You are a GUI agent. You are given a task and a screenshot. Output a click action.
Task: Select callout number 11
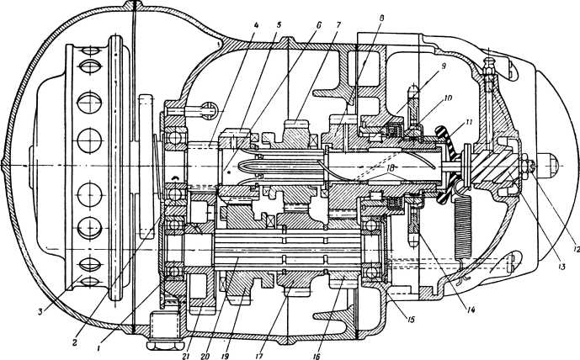click(x=460, y=125)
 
